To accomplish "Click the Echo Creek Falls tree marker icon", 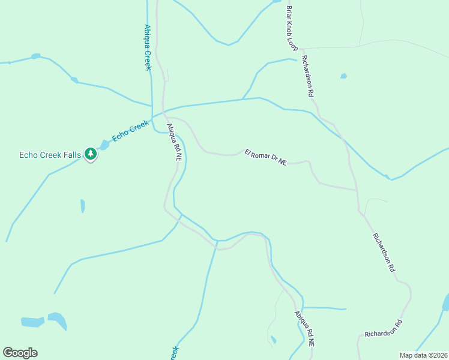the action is tap(91, 154).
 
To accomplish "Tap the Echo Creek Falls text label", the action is tap(50, 155).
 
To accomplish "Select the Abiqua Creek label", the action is tap(148, 47).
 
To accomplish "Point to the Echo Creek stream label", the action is tap(130, 131).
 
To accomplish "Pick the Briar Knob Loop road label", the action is tap(292, 28).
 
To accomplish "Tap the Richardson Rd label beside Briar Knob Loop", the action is tap(308, 77).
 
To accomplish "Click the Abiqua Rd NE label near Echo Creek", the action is tap(174, 142).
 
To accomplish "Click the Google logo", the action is tap(20, 353).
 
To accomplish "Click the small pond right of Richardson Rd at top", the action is tap(343, 76).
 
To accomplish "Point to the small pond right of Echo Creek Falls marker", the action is tap(104, 145).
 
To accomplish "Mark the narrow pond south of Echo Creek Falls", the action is tap(82, 206).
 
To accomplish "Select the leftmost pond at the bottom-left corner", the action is tap(32, 322).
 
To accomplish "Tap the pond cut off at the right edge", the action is tap(446, 303).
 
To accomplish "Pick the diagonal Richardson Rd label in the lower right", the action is tap(384, 253).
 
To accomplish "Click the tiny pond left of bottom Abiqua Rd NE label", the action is tap(273, 340).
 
